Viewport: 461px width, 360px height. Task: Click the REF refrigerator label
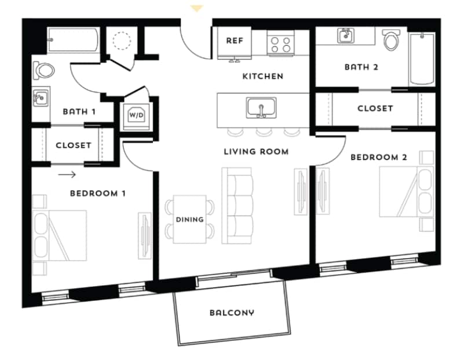(234, 41)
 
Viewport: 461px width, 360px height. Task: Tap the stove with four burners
(281, 43)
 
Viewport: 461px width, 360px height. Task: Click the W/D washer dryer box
(136, 114)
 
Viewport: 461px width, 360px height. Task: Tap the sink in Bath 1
(39, 99)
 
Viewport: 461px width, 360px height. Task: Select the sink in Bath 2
(345, 35)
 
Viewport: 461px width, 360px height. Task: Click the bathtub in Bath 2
(421, 59)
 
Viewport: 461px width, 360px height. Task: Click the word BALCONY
(232, 313)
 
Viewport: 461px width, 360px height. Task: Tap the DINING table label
(190, 219)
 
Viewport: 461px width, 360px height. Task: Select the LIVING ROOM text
(256, 152)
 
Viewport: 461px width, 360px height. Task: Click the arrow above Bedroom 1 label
(67, 174)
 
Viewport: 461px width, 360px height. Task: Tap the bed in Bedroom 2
(405, 192)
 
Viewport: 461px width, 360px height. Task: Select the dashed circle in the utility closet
(122, 41)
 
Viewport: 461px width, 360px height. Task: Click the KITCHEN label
(262, 76)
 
